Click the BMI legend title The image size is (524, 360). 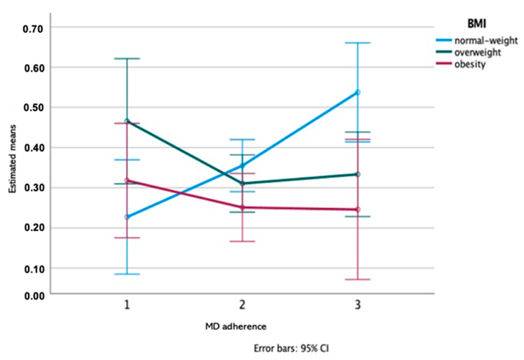tap(477, 24)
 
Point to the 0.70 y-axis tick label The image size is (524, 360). tap(33, 29)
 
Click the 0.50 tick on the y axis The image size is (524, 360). tap(33, 108)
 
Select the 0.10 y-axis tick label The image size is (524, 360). tap(33, 269)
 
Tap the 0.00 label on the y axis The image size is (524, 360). tap(33, 296)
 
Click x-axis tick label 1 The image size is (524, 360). tap(127, 305)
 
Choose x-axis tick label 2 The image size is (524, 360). tap(242, 305)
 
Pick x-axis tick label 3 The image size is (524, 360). tap(357, 305)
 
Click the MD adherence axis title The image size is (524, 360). tap(236, 326)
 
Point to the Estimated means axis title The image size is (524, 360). tap(13, 159)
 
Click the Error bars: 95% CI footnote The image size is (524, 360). tap(291, 348)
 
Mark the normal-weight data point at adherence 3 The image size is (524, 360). tap(357, 92)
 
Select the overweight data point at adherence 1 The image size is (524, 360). tap(127, 121)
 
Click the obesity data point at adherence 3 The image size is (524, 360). tap(357, 209)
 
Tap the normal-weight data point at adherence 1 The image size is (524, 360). tap(127, 217)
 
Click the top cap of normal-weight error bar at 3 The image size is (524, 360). tap(357, 43)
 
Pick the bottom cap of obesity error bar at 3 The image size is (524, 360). tap(357, 279)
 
